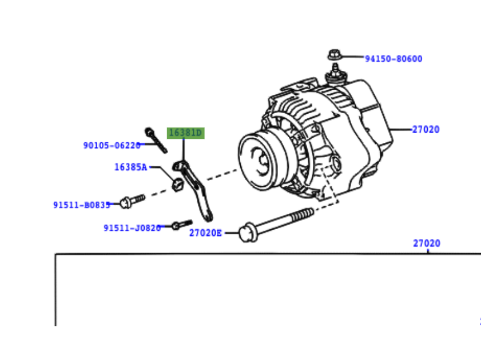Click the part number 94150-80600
click(393, 59)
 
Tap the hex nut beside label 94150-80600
click(333, 55)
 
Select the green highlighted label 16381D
click(185, 133)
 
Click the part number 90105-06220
click(112, 146)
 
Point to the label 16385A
click(130, 167)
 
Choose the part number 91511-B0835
click(82, 205)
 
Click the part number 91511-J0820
click(132, 228)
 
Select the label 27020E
click(205, 233)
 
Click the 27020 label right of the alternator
click(426, 130)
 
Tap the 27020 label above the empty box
click(427, 243)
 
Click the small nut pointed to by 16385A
click(177, 183)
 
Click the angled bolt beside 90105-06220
click(156, 141)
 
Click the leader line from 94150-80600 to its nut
click(352, 57)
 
